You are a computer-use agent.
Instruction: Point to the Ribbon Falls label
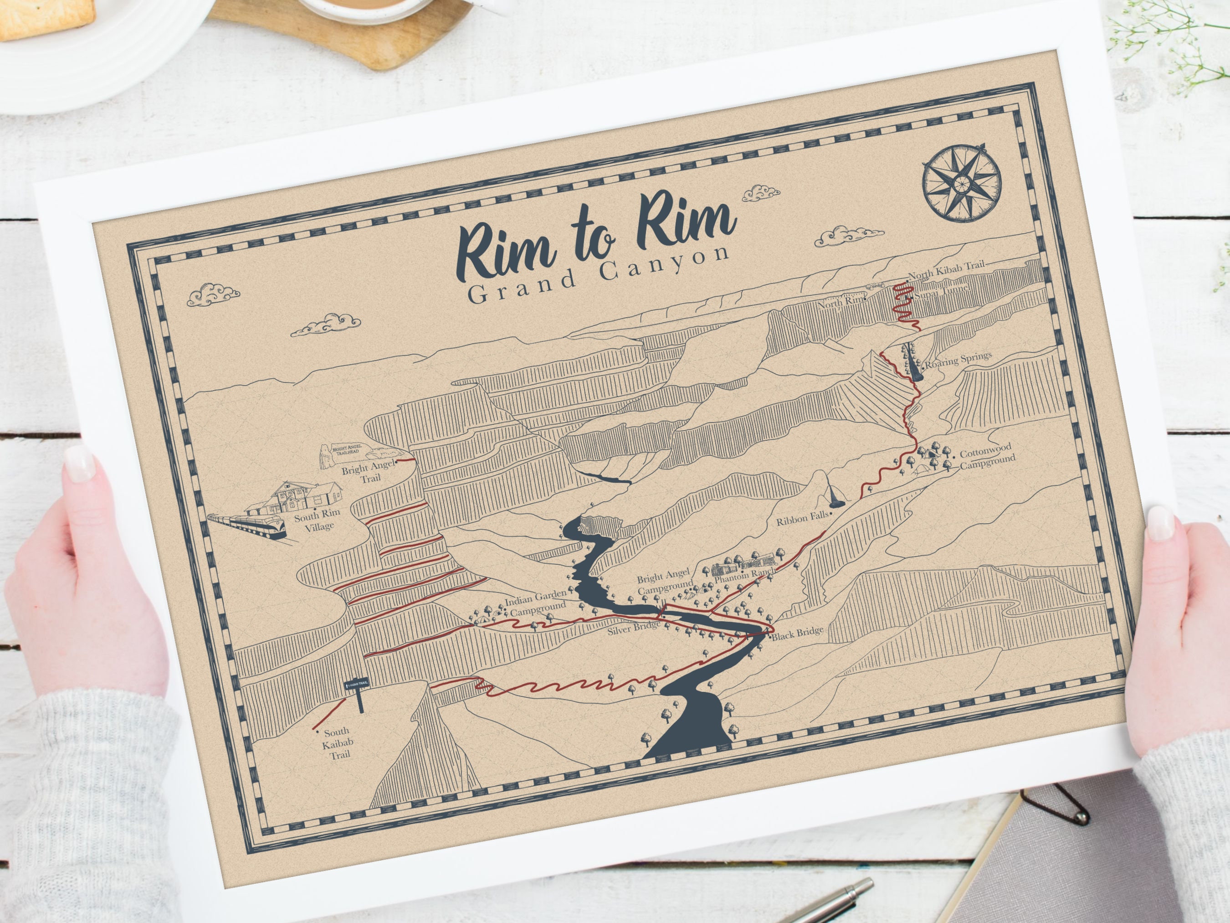click(802, 520)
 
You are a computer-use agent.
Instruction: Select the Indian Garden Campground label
click(536, 603)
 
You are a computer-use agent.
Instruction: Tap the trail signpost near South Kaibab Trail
click(358, 694)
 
